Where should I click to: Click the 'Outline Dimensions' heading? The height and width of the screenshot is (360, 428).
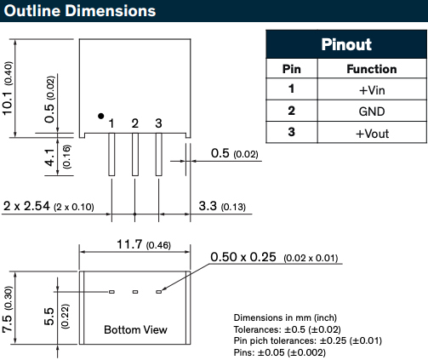click(x=80, y=11)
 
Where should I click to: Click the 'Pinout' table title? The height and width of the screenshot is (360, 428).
click(x=346, y=44)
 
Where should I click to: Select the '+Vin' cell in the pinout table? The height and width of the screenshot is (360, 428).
click(x=372, y=90)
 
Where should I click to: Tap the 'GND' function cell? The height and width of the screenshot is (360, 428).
click(x=372, y=111)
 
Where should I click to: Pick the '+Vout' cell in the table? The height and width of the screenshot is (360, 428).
click(x=372, y=134)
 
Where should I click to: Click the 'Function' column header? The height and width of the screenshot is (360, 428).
click(x=372, y=69)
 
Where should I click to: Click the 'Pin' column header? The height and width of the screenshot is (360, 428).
click(x=291, y=69)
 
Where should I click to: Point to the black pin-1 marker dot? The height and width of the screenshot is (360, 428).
click(x=100, y=116)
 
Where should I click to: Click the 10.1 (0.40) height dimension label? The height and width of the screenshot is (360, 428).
click(x=8, y=89)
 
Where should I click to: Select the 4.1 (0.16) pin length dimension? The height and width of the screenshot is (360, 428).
click(x=58, y=157)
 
